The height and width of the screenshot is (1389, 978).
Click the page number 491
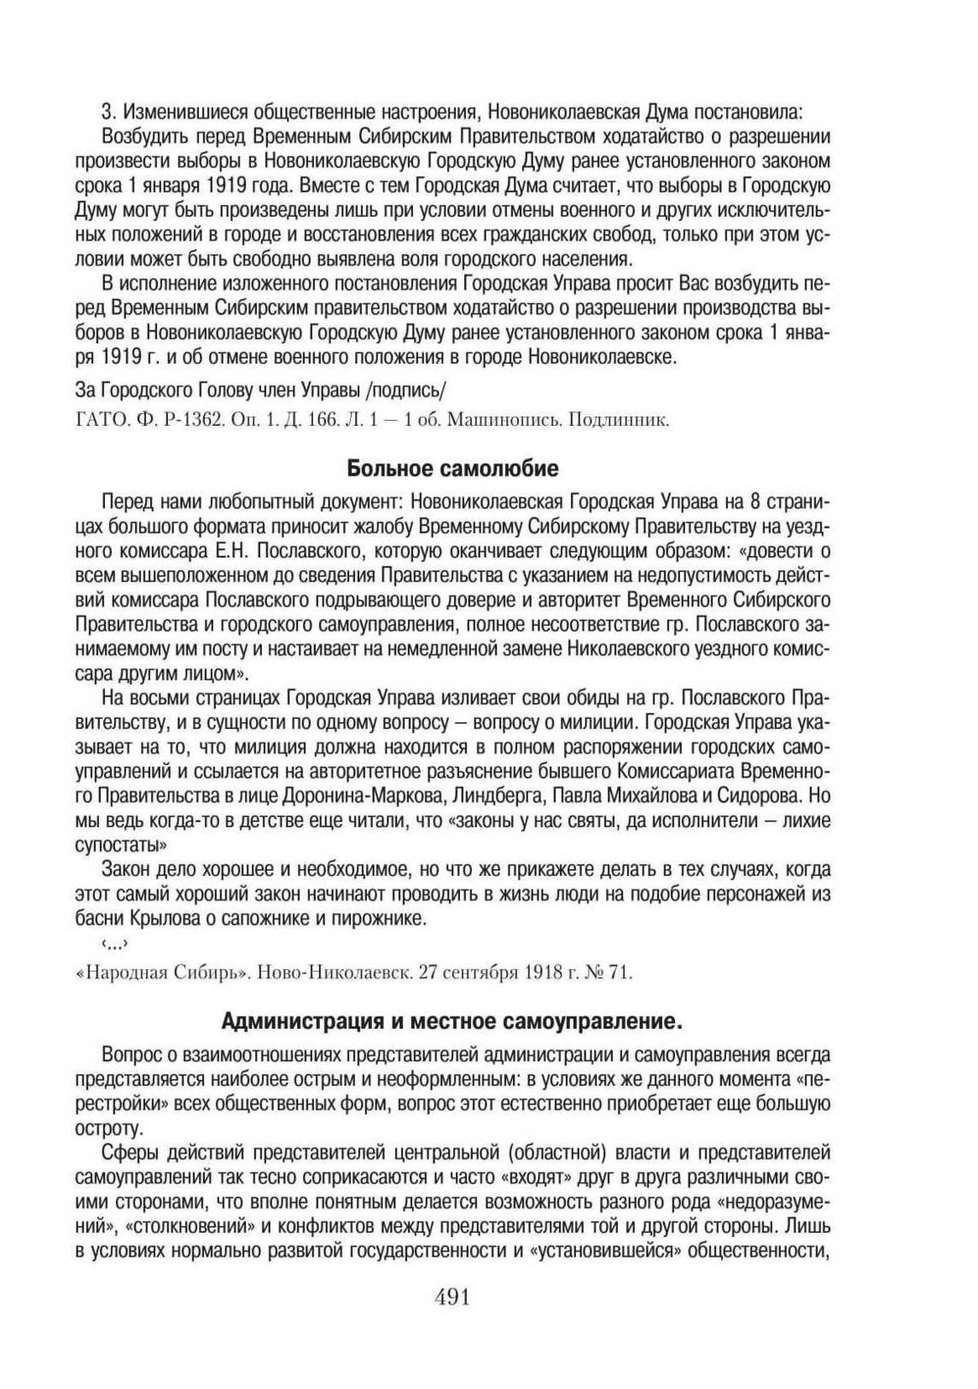point(453,1298)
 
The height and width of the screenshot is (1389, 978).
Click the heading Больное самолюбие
point(452,468)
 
